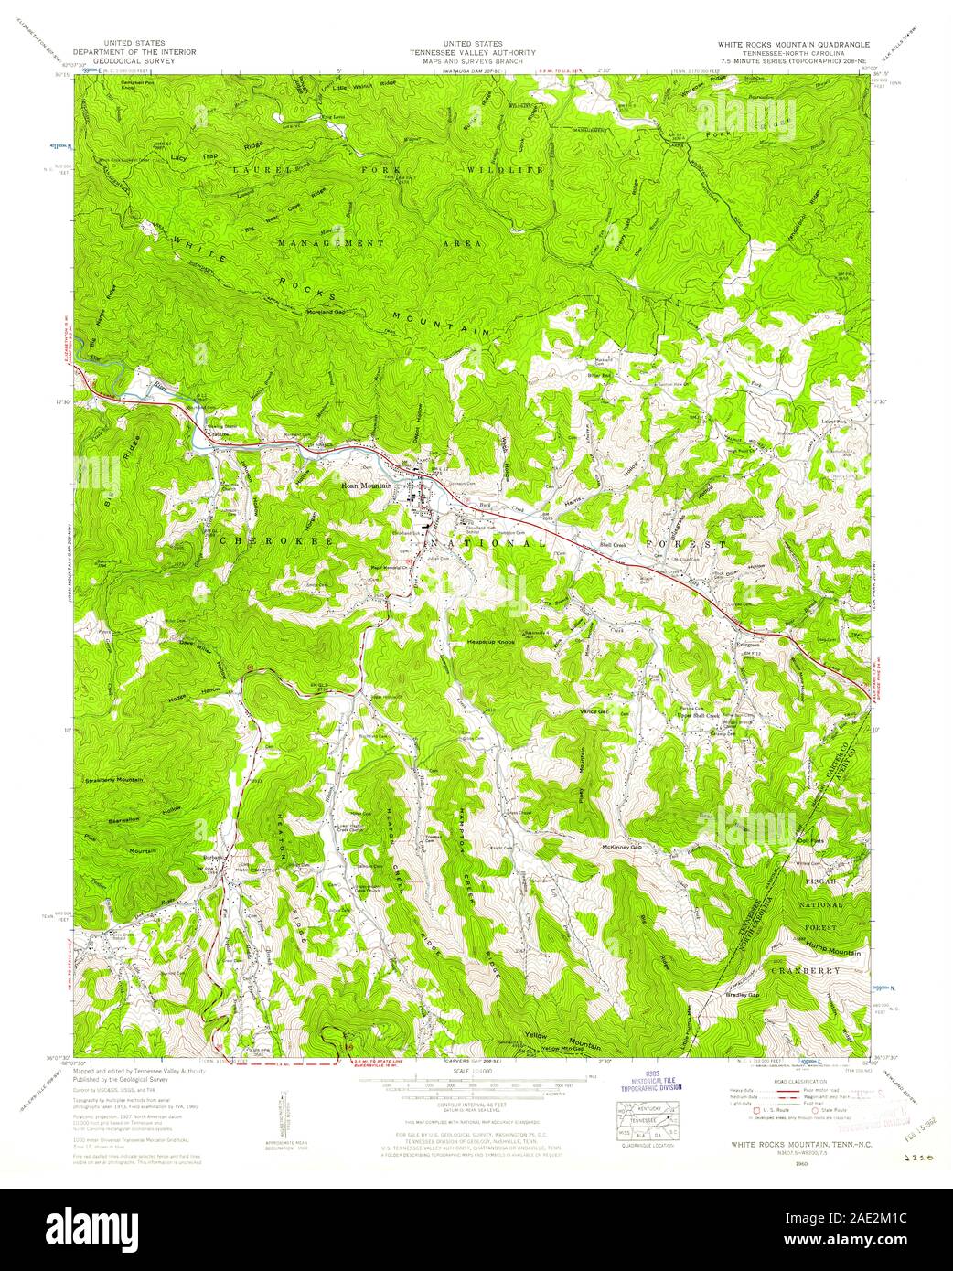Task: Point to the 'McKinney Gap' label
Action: click(x=624, y=848)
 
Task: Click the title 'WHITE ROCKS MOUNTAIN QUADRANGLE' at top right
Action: click(x=793, y=44)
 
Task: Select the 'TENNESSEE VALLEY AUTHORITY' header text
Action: click(x=476, y=52)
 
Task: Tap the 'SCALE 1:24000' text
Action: click(x=476, y=1071)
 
